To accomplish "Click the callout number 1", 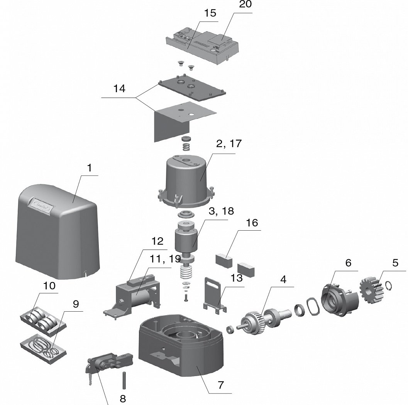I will coord(90,169).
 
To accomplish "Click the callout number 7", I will coord(220,385).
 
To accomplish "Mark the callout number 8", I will coord(122,398).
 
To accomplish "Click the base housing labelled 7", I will coord(181,347).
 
